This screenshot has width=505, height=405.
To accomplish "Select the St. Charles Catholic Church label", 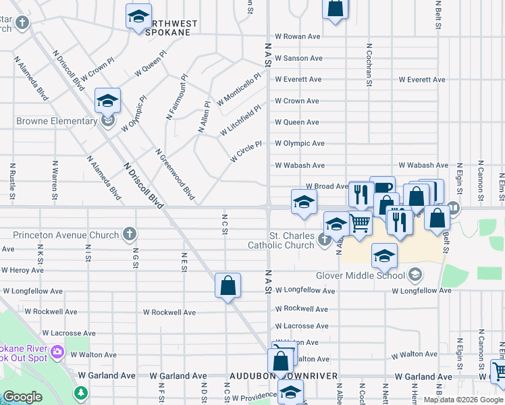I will [282, 240].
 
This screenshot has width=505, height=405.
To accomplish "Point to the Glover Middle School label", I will [360, 275].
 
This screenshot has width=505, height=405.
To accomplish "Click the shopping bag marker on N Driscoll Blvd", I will [228, 286].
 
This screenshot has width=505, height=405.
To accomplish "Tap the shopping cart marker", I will [361, 221].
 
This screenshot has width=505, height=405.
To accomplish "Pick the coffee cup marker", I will [383, 188].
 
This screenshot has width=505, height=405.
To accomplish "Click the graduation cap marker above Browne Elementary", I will [107, 101].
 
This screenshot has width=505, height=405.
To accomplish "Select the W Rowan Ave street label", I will [297, 36].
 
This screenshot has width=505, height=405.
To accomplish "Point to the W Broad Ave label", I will [327, 186].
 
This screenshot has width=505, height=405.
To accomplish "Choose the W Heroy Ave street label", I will [23, 270].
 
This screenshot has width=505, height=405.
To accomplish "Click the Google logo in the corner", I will [22, 397].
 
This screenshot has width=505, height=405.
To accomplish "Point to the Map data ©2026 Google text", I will [462, 400].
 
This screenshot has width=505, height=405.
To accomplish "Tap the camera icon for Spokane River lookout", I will [57, 351].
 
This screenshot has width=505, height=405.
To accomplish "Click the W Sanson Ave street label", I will [297, 59].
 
